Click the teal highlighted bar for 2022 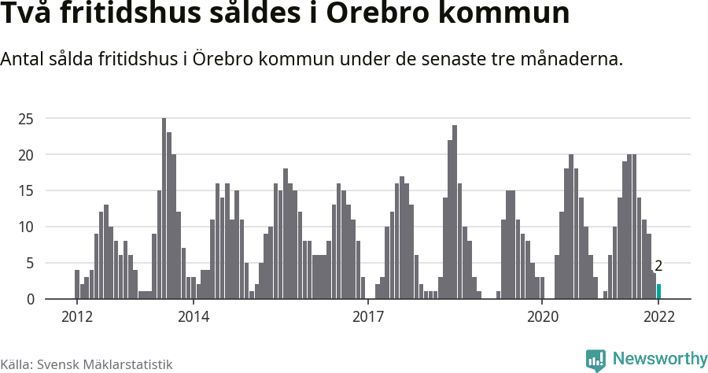pyautogui.click(x=658, y=291)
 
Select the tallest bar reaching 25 pyautogui.click(x=164, y=209)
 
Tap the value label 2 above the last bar pyautogui.click(x=658, y=266)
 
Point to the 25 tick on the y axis pyautogui.click(x=26, y=119)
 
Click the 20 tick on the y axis pyautogui.click(x=26, y=155)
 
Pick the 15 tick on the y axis pyautogui.click(x=26, y=190)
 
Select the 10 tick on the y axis pyautogui.click(x=26, y=227)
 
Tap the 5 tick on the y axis pyautogui.click(x=29, y=263)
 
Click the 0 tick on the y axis pyautogui.click(x=29, y=299)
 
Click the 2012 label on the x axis pyautogui.click(x=76, y=317)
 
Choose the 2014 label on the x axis pyautogui.click(x=193, y=317)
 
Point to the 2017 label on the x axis pyautogui.click(x=367, y=317)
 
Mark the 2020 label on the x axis pyautogui.click(x=542, y=317)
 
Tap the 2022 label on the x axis pyautogui.click(x=658, y=317)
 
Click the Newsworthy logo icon pyautogui.click(x=596, y=360)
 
